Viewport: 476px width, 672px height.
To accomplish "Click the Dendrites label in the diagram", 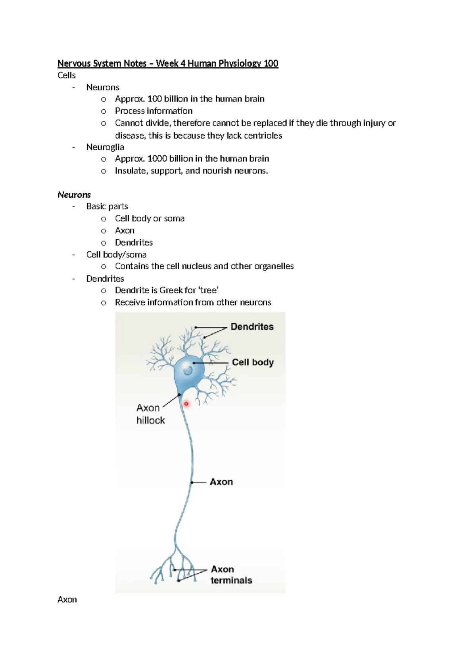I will [252, 327].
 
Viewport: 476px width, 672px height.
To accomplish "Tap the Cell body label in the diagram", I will [253, 362].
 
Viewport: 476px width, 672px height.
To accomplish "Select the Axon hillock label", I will [150, 414].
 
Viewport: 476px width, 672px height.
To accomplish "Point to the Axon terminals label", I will [231, 575].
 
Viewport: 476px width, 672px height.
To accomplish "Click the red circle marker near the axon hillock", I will [186, 404].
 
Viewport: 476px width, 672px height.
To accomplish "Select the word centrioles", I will [263, 136].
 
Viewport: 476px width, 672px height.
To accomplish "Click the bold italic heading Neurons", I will [74, 195].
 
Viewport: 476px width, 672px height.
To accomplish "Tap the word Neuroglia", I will [105, 147].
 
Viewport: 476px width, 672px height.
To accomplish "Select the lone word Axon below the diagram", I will [67, 599].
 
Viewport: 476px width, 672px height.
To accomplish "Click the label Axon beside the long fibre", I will [221, 482].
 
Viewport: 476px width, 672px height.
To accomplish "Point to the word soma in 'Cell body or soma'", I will [174, 218].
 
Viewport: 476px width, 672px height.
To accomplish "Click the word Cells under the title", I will [66, 75].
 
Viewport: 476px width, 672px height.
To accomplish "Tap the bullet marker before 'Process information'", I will [104, 111].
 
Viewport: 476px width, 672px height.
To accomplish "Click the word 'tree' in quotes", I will [208, 290].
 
